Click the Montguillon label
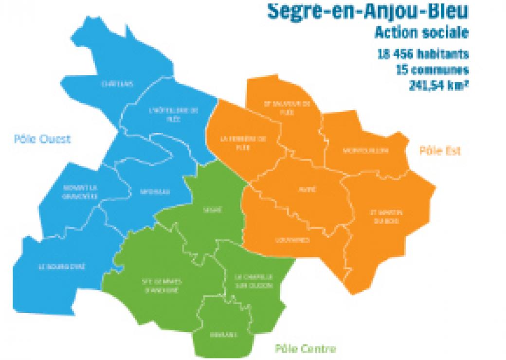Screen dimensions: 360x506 pos(365,150)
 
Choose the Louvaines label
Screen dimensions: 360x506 pos(292,240)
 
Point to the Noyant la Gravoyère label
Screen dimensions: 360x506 pos(80,192)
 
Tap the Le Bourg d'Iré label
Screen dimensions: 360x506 pos(62,267)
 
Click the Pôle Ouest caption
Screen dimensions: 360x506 pos(42,139)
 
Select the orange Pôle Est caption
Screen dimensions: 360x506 pos(440,151)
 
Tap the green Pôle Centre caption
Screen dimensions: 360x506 pos(305,348)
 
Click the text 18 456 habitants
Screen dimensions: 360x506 pos(423,54)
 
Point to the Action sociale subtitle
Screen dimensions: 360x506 pos(421,33)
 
